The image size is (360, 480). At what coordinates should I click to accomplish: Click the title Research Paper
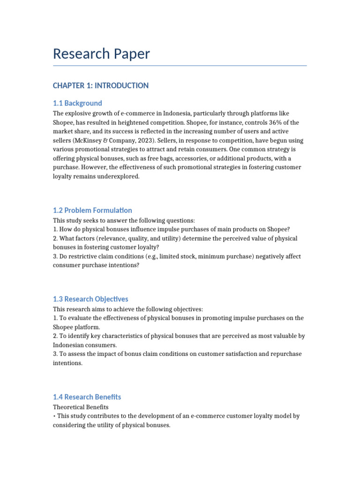point(101,53)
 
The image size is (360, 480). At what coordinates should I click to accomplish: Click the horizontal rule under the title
point(180,66)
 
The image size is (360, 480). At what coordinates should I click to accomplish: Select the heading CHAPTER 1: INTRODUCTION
point(100,85)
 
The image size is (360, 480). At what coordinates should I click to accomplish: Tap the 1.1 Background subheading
point(77,103)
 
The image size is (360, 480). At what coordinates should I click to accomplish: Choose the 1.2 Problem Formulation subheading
point(92,210)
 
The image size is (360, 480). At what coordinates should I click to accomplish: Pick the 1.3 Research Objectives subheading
point(90,299)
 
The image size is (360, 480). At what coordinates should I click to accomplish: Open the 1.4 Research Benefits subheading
point(87,397)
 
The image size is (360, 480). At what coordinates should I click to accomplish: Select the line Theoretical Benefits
point(80,407)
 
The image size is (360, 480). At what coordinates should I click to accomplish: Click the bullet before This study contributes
point(54,416)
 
